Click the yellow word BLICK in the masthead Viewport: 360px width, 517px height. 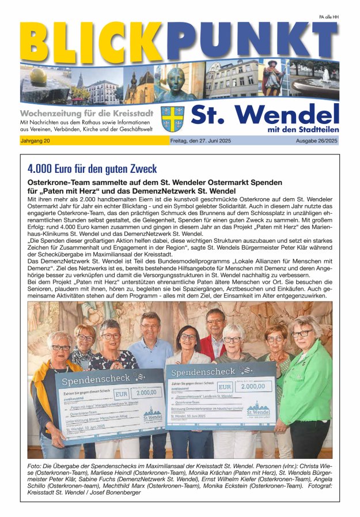[86, 42]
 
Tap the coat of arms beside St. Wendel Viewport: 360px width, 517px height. [172, 118]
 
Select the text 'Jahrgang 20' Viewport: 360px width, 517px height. [35, 141]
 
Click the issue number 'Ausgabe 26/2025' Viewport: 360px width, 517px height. [316, 141]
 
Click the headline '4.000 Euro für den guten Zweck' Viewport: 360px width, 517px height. [92, 169]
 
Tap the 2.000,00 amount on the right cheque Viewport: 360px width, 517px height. [253, 387]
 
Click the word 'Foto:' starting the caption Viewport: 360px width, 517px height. [37, 465]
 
